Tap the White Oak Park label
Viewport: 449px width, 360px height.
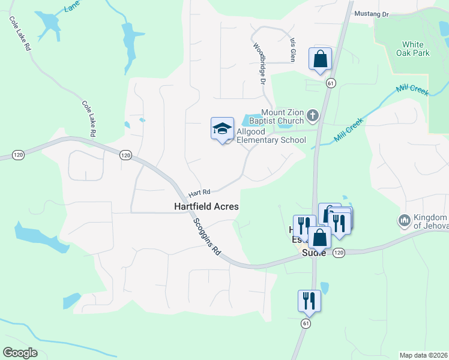coord(412,49)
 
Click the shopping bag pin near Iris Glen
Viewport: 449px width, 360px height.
coord(320,59)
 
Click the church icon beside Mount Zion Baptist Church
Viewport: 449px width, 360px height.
coord(313,115)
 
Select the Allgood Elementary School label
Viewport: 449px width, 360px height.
coord(271,136)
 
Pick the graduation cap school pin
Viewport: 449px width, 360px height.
coord(222,128)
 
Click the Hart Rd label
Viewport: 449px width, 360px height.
coord(199,193)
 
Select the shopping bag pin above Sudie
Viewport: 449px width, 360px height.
coord(319,238)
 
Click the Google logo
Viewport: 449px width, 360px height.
coord(20,353)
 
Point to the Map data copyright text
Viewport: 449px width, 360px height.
coord(423,355)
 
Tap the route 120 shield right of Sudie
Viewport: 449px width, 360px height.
coord(339,253)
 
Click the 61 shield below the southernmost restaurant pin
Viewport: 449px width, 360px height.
coord(306,323)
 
